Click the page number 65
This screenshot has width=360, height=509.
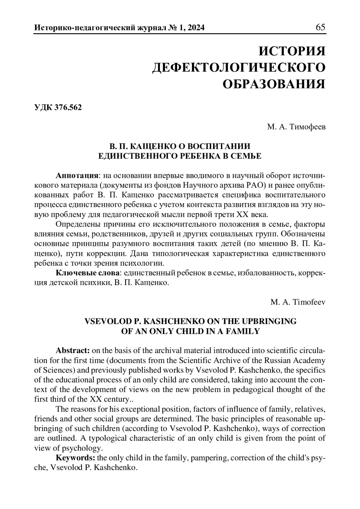point(320,27)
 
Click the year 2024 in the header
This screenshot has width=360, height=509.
point(195,28)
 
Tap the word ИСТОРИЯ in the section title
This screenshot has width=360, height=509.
point(292,51)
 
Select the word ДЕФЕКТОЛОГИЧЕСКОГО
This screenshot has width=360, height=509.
point(239,67)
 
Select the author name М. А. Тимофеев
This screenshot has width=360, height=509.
point(296,127)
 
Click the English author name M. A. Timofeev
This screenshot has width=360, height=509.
point(298,302)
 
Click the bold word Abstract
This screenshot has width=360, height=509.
point(73,350)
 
